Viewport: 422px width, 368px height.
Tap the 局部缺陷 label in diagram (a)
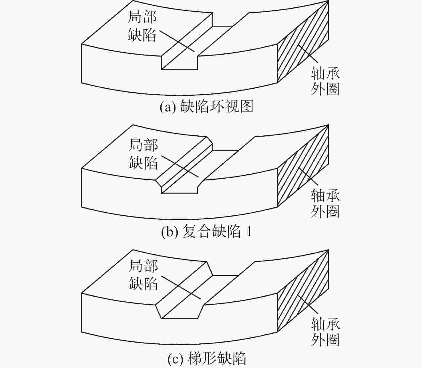142,26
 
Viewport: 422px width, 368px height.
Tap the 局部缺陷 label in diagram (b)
143,154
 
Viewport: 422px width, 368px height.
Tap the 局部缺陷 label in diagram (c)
143,275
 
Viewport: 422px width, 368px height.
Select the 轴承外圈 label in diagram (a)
325,81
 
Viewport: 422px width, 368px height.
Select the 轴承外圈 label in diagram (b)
325,204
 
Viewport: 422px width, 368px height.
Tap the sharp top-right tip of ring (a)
328,1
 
